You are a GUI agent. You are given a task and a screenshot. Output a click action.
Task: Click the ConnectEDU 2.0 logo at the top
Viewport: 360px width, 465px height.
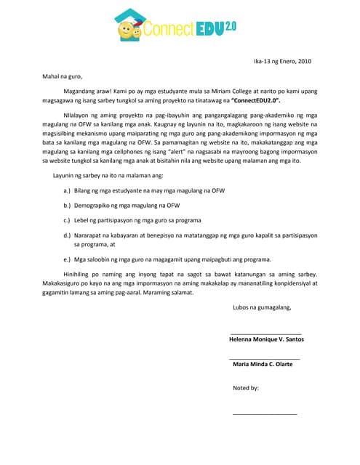[180, 27]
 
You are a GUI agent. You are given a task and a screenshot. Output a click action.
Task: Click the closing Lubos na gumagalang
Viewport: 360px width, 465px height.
[262, 307]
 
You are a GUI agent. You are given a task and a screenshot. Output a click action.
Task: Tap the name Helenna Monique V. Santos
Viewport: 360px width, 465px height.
[266, 339]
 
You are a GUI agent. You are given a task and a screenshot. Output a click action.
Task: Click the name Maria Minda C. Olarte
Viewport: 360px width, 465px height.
[263, 364]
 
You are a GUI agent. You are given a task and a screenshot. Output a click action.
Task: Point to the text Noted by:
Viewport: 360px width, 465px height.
[246, 388]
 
